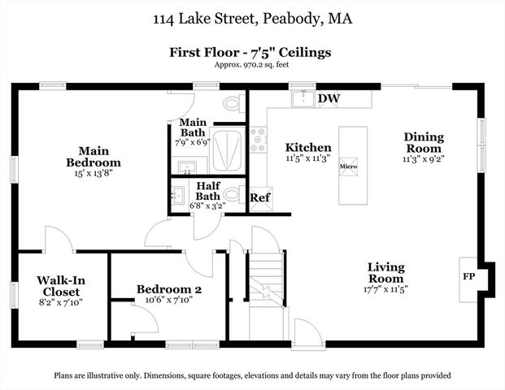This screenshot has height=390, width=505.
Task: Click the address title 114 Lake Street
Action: pos(252,18)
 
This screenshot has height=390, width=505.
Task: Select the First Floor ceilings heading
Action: pos(250,52)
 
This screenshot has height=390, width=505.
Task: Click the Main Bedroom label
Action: pos(94,156)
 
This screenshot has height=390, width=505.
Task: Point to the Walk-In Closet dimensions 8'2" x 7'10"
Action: pos(62,301)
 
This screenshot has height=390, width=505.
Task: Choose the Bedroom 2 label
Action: pos(168,289)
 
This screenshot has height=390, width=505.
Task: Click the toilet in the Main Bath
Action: pos(232,104)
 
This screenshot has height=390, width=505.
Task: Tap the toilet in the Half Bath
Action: pos(231,195)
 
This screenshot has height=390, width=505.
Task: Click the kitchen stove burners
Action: pos(259,140)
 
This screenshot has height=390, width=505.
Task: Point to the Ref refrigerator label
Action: pos(260,197)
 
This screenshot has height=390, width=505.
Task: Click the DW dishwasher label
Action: pos(329,99)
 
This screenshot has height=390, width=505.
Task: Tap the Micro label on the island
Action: pos(349,167)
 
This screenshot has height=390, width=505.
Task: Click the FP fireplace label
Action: pos(469,276)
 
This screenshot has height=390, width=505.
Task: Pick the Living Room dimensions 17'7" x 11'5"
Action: pos(385,288)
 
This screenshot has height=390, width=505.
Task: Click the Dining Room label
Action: pos(423,143)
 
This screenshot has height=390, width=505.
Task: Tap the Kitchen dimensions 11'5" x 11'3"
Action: pos(308,159)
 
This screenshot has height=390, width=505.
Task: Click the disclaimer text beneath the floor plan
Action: pos(252,375)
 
